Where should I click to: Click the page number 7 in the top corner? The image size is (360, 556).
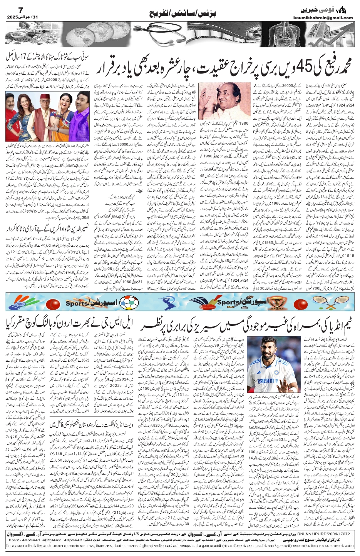tap(11, 9)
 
